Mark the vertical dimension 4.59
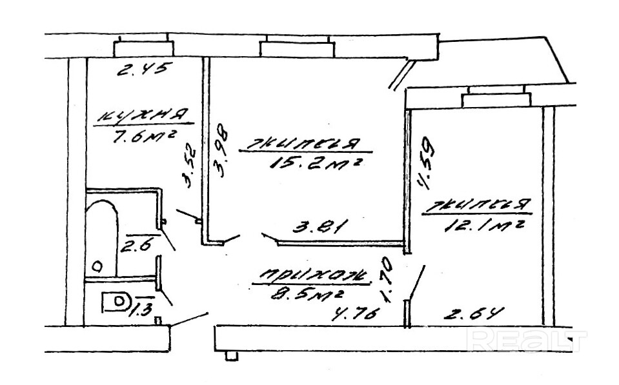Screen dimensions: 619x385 [427, 165]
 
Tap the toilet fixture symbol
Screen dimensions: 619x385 [116, 302]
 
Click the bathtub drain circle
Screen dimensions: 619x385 [98, 265]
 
